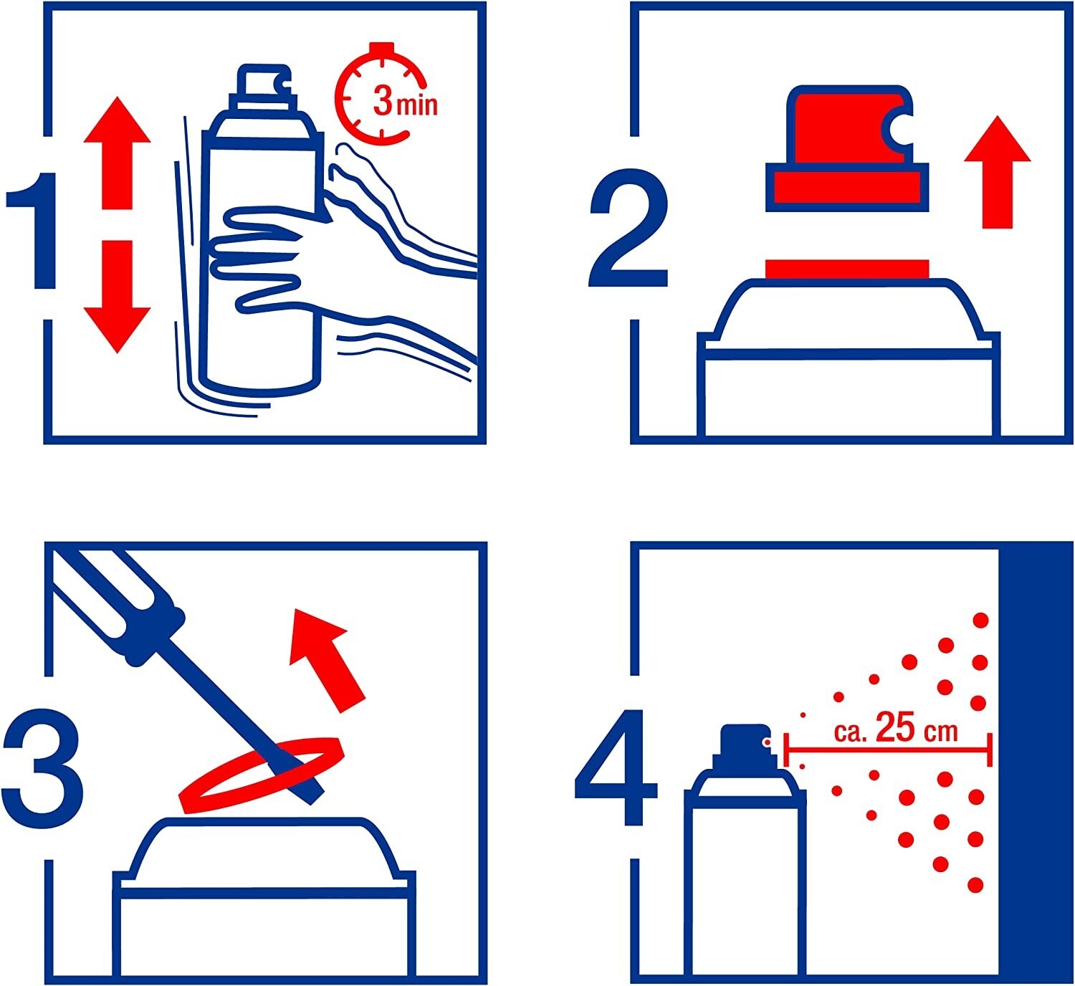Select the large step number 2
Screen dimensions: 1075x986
click(628, 227)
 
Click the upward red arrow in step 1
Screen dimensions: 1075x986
click(117, 153)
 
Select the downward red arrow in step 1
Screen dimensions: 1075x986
click(117, 297)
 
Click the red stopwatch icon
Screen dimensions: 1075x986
click(381, 95)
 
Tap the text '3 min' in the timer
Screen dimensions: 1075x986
click(405, 101)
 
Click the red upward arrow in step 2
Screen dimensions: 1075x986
click(998, 172)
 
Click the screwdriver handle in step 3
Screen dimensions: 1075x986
click(118, 605)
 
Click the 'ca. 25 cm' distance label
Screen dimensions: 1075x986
click(896, 729)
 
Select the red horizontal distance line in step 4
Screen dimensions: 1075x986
click(888, 750)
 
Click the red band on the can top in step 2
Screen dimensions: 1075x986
click(846, 269)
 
